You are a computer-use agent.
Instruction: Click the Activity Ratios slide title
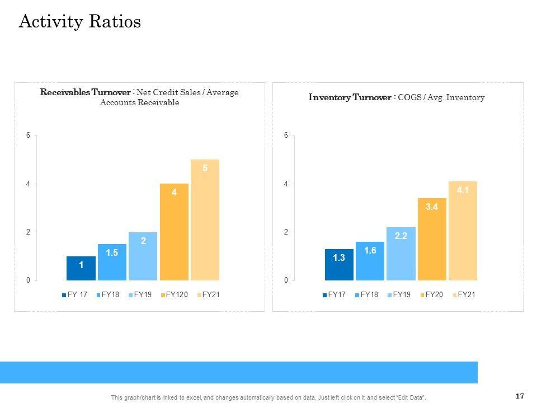click(80, 22)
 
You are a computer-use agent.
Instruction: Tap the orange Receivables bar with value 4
click(174, 232)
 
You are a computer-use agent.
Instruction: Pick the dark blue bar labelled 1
click(81, 268)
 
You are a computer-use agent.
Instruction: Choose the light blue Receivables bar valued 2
click(143, 256)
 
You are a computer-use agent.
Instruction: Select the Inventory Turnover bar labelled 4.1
click(463, 231)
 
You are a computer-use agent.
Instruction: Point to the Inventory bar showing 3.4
click(432, 239)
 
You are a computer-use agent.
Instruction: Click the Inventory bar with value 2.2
click(401, 254)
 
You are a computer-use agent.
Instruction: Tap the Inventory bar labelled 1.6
click(370, 261)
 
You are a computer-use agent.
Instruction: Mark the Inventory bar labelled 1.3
click(339, 264)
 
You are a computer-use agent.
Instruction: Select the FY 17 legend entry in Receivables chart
click(74, 295)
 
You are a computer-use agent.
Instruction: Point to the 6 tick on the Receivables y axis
click(28, 135)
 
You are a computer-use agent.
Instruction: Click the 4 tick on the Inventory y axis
click(286, 184)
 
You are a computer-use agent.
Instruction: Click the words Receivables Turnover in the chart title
click(86, 92)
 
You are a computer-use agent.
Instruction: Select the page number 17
click(520, 396)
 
